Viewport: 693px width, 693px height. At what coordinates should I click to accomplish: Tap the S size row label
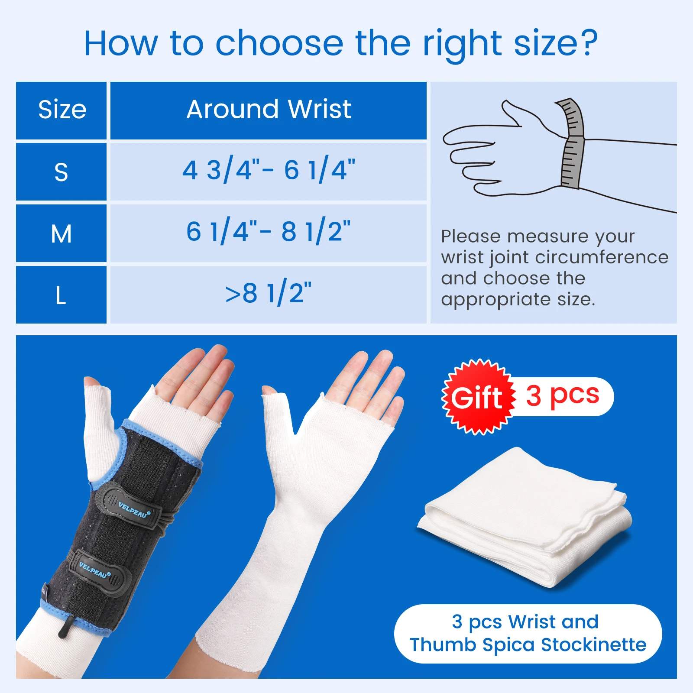[x=61, y=172]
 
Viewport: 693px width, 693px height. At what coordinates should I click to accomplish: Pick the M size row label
[x=61, y=233]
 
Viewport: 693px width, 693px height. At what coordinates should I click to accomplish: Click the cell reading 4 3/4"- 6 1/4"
[x=269, y=172]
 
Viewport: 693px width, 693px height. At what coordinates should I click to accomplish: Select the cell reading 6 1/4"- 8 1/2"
[x=269, y=233]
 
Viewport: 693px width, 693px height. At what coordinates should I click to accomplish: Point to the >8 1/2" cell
[x=269, y=295]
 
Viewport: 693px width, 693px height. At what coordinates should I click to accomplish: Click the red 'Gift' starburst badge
[x=479, y=397]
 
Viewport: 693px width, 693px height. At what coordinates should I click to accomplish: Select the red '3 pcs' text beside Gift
[x=563, y=396]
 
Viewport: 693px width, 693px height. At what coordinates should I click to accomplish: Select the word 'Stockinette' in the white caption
[x=594, y=645]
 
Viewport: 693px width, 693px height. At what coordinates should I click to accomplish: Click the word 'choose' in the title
[x=279, y=43]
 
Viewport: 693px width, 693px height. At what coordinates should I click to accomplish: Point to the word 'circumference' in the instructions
[x=602, y=257]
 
